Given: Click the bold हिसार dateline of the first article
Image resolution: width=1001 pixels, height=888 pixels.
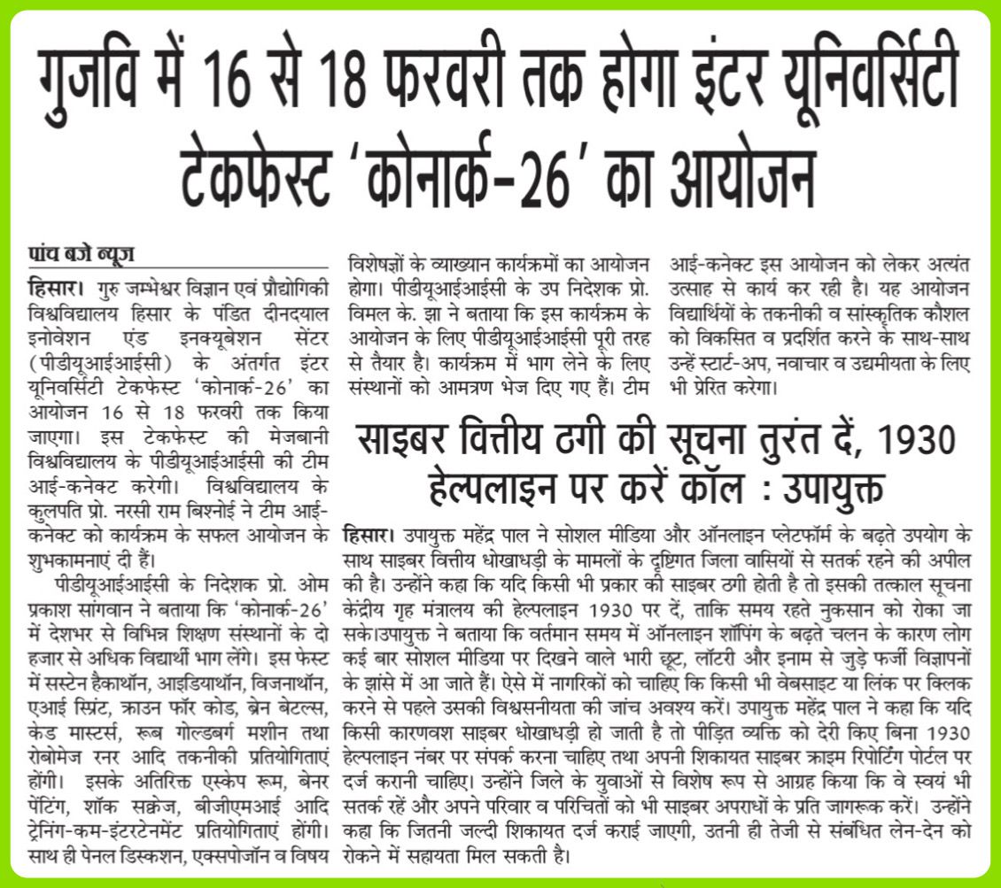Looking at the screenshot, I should pos(54,288).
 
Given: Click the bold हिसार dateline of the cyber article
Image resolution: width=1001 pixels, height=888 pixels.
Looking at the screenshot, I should pos(365,536).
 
